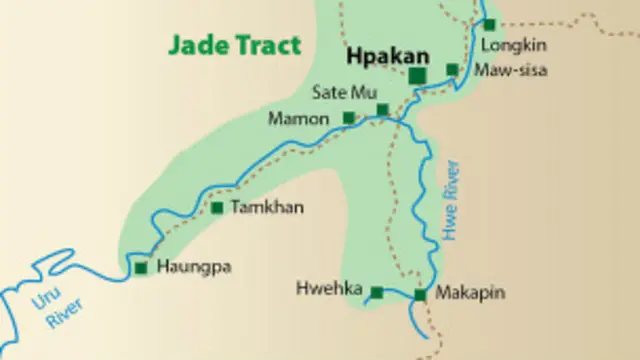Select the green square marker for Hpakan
(x=418, y=75)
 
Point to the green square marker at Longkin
(x=490, y=24)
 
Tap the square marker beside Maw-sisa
(x=452, y=70)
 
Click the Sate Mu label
(x=337, y=93)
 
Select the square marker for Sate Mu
(x=382, y=109)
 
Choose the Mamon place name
(x=298, y=119)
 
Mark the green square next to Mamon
(x=348, y=118)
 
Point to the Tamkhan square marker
(x=217, y=208)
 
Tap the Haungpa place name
(x=188, y=267)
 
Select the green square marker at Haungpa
(x=140, y=267)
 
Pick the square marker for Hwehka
(x=377, y=292)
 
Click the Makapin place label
(x=470, y=292)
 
